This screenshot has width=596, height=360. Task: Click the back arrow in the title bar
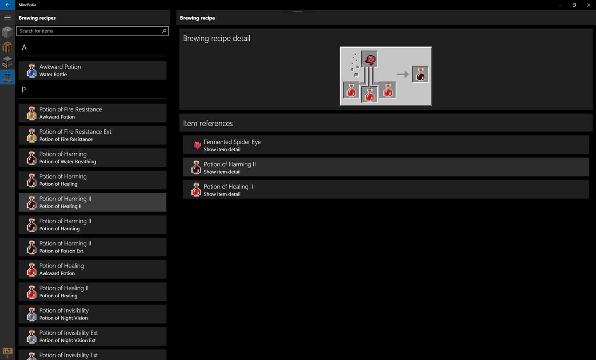tap(7, 5)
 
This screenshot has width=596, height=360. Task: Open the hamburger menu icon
tap(8, 18)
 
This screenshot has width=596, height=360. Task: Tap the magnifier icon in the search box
tap(164, 31)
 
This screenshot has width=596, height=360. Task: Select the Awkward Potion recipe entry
tap(92, 71)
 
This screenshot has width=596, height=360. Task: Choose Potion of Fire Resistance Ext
tap(92, 136)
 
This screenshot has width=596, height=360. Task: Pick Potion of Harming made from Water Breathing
tap(92, 158)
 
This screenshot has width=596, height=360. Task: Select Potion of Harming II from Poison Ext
tap(92, 247)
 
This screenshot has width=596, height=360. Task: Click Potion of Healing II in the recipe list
tap(92, 292)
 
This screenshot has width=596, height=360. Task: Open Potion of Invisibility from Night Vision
tap(92, 314)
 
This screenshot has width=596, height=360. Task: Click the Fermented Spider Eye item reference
tap(386, 145)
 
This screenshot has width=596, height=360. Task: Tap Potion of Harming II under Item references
tap(386, 168)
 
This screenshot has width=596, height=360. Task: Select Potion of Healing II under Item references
tap(386, 190)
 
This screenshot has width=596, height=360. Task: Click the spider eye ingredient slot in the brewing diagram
tap(370, 59)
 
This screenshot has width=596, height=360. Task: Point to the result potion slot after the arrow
tap(420, 74)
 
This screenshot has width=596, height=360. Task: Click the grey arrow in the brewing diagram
tap(403, 74)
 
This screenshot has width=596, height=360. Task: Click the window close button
tap(588, 5)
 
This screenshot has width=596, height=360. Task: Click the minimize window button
tap(560, 5)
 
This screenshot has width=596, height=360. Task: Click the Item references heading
tap(208, 124)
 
